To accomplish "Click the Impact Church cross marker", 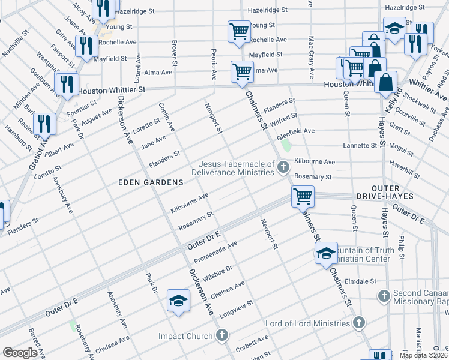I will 222,335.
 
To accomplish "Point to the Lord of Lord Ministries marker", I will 358,323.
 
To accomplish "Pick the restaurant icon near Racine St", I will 44,124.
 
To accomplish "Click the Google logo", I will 20,353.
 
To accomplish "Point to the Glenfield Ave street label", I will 295,131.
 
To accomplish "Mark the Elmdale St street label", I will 360,280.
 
